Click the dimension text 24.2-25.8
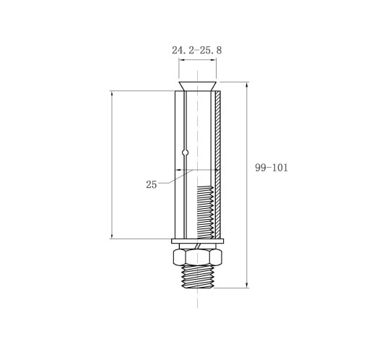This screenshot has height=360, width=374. click(x=196, y=51)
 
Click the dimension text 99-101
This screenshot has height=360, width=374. click(x=271, y=168)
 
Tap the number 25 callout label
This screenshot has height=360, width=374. click(x=152, y=184)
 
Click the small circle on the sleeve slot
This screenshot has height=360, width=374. click(x=185, y=153)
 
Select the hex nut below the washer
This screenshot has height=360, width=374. click(x=197, y=257)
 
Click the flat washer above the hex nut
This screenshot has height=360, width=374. click(x=198, y=241)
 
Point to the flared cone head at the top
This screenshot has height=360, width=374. click(x=197, y=86)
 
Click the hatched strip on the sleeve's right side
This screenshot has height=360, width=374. click(x=217, y=164)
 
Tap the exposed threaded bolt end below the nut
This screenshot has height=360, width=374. click(x=198, y=276)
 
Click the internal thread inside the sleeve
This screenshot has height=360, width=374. click(x=205, y=212)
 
